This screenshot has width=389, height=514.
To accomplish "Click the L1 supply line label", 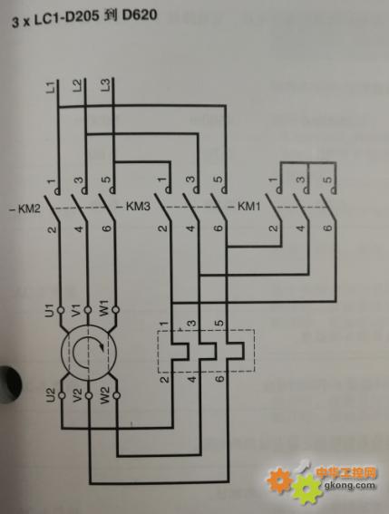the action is [x=50, y=88].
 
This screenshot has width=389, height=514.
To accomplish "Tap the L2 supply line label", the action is [x=77, y=86].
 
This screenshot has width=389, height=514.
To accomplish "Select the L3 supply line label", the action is [x=105, y=86].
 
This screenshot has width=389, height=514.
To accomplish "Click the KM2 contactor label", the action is [x=24, y=209].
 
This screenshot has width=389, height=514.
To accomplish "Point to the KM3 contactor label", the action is [x=134, y=207].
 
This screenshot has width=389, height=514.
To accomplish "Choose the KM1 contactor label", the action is [x=245, y=207].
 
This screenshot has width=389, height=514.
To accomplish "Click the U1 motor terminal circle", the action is [x=61, y=310].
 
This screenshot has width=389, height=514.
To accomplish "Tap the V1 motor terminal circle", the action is [x=88, y=310].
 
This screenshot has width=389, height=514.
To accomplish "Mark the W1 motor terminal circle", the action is [x=115, y=309].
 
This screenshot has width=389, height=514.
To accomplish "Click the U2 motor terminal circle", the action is [x=62, y=395].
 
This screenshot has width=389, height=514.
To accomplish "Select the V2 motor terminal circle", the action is [x=89, y=395].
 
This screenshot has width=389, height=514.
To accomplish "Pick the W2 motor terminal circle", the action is [x=116, y=395].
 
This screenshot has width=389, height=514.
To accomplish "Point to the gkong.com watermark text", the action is [x=349, y=485].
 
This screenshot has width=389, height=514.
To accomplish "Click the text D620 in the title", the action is [x=140, y=15].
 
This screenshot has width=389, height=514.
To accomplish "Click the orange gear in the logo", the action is [x=278, y=480].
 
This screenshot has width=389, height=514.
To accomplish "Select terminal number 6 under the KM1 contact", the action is [x=328, y=228].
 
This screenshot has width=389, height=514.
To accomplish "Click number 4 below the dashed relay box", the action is [x=192, y=379].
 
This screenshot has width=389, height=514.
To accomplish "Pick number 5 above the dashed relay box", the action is [x=220, y=323].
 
